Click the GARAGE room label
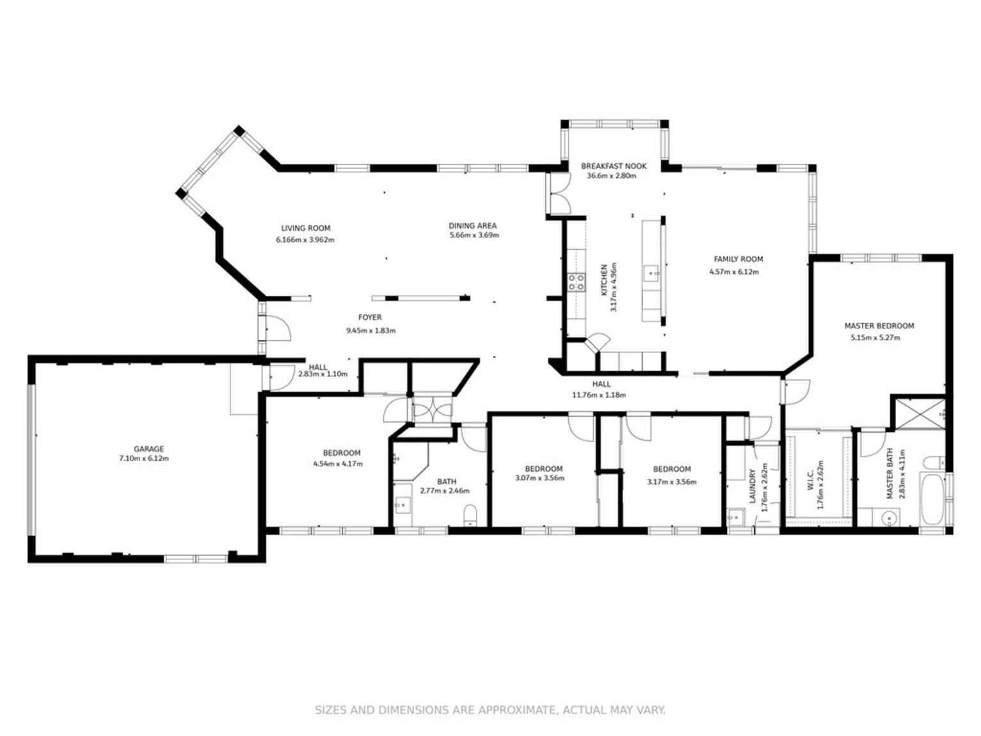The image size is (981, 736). (148, 449)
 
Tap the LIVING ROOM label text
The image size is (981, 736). (305, 228)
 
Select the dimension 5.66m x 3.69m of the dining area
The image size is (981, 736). (474, 235)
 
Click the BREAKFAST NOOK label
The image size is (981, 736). (613, 166)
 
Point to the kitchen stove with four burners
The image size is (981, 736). (576, 282)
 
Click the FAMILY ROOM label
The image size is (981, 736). (738, 259)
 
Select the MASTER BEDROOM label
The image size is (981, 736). (878, 326)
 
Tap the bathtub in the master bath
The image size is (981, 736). (932, 499)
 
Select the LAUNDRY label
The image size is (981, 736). (753, 486)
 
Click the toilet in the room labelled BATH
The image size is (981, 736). (470, 514)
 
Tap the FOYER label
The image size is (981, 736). (369, 317)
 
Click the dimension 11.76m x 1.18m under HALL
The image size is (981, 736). (598, 395)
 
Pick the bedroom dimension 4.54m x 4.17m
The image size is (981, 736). (337, 463)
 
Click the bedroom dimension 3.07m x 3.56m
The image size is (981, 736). (539, 477)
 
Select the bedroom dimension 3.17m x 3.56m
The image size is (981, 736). (671, 482)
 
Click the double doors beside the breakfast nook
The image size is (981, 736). (558, 194)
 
